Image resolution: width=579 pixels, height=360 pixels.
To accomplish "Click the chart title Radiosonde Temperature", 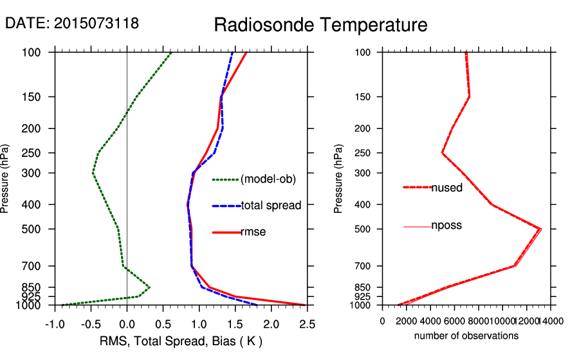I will click(320, 25).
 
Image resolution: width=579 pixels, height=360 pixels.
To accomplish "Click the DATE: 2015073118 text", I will click(72, 24).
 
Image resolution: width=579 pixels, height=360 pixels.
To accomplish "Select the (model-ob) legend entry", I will click(268, 179).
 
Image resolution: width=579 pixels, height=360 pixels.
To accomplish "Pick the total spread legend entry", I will click(271, 206).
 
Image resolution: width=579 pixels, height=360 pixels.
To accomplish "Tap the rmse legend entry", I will click(253, 232).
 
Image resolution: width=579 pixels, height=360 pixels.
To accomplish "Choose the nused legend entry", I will click(447, 187).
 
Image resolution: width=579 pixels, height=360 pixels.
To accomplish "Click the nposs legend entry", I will click(446, 226).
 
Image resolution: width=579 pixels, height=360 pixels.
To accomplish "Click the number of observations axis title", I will click(466, 336).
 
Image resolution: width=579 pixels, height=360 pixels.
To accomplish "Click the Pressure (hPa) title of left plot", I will click(6, 179).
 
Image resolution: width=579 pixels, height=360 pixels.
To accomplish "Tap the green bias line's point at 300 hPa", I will click(93, 173).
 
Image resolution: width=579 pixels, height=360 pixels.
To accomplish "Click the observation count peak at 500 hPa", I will click(540, 229).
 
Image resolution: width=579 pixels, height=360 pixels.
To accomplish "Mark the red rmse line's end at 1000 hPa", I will click(307, 305).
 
